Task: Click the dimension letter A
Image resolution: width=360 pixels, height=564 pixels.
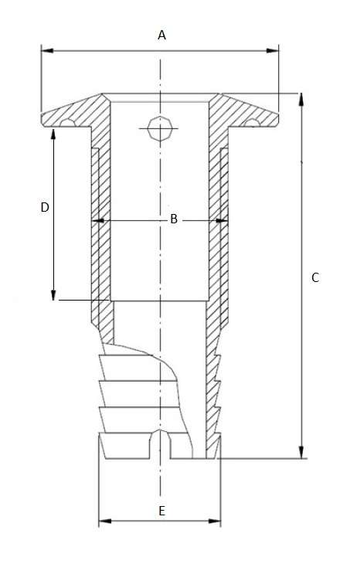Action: (x=162, y=35)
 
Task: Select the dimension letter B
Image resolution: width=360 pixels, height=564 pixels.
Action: (x=174, y=220)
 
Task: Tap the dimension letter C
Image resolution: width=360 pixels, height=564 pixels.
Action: (x=314, y=277)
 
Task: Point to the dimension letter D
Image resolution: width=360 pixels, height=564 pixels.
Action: (x=45, y=208)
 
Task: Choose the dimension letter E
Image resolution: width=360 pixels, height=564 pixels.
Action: (x=161, y=511)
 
